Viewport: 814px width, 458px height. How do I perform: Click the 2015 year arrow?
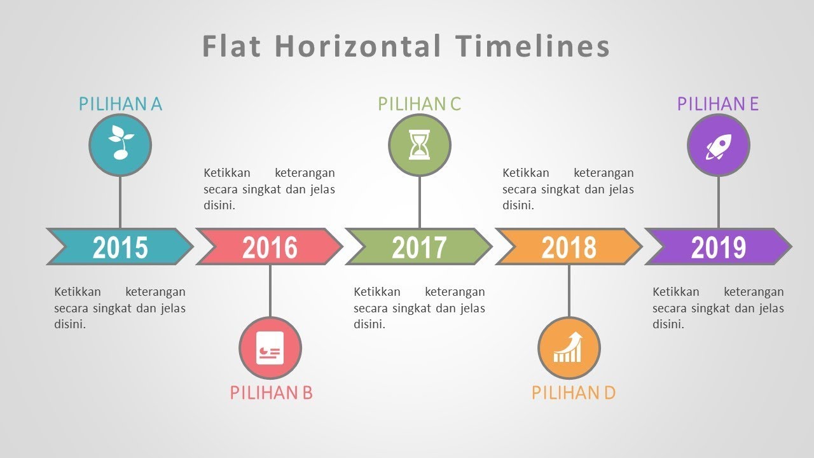(x=120, y=247)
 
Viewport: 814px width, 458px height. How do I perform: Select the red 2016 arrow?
(x=270, y=247)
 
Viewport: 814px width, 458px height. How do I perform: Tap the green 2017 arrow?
(x=419, y=247)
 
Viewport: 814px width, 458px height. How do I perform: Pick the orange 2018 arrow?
(x=569, y=247)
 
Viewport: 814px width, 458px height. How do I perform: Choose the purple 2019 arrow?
(x=719, y=247)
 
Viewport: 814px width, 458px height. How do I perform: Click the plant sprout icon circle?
(x=120, y=145)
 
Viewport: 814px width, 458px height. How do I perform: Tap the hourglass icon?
(x=419, y=145)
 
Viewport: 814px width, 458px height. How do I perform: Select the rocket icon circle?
(x=719, y=146)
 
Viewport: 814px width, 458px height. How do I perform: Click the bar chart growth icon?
(x=569, y=348)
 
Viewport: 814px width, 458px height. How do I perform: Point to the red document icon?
(x=270, y=348)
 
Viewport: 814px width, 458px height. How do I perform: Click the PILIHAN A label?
(x=120, y=104)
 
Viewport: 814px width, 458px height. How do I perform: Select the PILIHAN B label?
(x=271, y=392)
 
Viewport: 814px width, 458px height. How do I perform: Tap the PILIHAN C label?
(x=419, y=104)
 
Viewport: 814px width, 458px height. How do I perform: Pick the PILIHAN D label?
(x=573, y=392)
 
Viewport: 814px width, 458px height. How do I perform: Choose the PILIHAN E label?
(x=718, y=104)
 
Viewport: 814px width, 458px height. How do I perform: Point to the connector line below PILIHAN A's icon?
(x=120, y=202)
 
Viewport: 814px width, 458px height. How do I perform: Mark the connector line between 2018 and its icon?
(x=569, y=290)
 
